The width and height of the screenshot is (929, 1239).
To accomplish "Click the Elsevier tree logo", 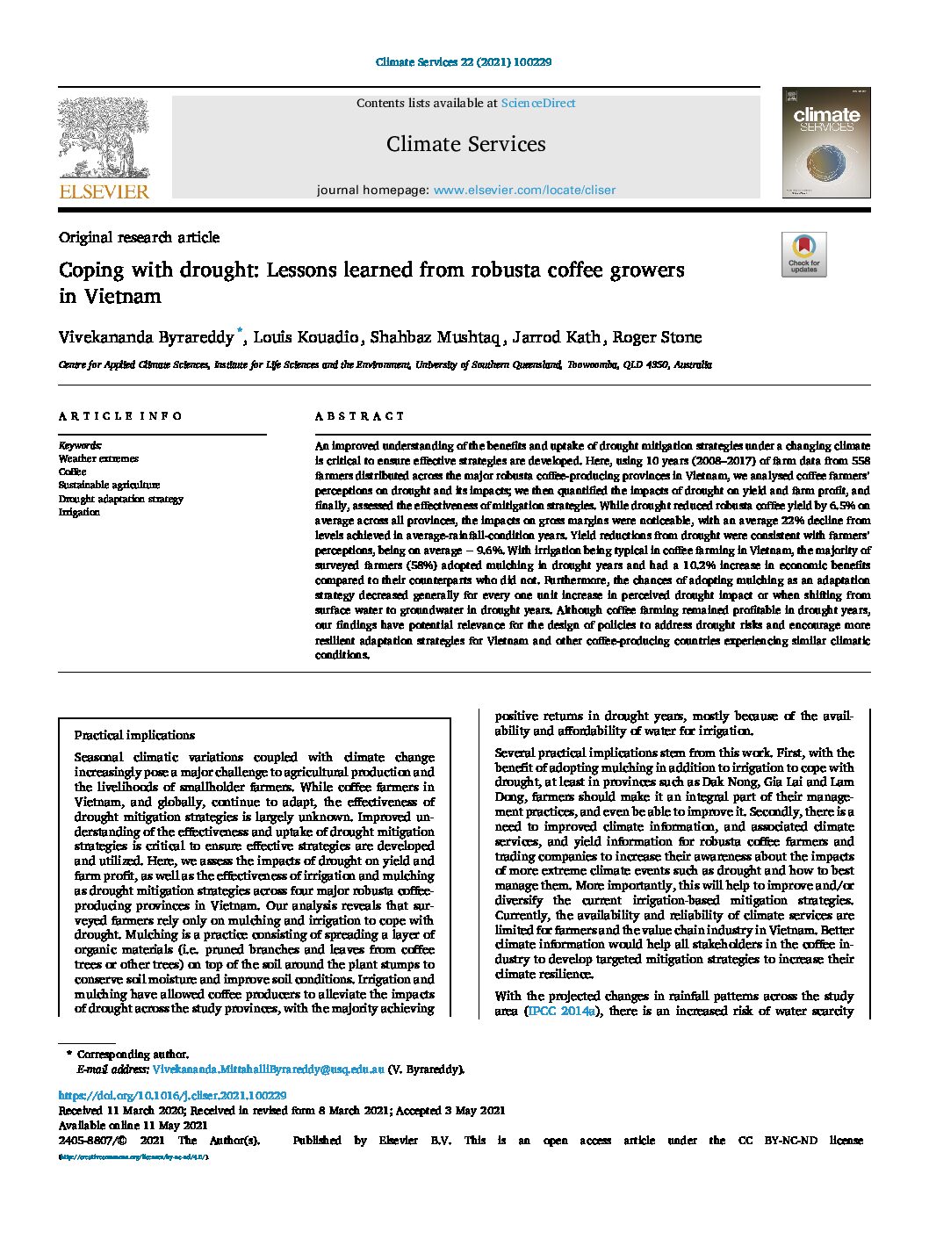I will [104, 138].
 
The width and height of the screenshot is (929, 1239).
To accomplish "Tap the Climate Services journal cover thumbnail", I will [826, 142].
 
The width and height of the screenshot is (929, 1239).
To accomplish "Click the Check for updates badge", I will [803, 255].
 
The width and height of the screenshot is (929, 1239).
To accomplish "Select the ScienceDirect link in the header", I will [537, 103].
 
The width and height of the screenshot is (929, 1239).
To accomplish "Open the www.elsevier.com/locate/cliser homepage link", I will [524, 190].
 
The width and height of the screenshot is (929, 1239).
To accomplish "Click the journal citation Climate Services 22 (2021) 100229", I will [464, 62].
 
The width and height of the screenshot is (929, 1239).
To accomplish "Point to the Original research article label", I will [139, 237].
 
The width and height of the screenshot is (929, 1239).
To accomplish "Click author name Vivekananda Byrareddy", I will [146, 337].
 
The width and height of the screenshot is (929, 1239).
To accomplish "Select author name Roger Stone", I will [657, 337].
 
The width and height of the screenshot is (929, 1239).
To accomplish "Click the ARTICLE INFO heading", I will [120, 416].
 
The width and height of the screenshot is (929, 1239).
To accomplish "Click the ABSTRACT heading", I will [360, 416].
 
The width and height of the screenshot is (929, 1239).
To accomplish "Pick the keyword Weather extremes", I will [98, 458].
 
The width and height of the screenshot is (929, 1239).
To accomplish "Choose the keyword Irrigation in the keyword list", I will [79, 512].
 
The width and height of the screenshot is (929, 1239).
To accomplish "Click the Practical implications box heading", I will [134, 735].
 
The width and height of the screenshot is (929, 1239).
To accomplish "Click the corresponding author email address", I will [268, 1070].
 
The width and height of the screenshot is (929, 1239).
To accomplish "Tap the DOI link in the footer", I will [172, 1095].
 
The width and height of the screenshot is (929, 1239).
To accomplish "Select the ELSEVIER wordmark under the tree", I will [104, 191].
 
